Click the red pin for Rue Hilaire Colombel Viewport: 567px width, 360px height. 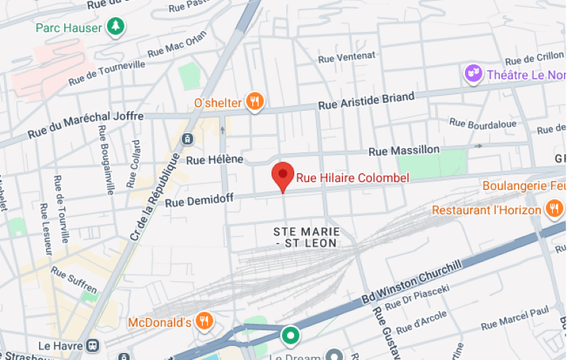point(283,175)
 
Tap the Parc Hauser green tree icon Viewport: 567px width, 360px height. point(116,27)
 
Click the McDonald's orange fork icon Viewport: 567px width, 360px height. point(205,322)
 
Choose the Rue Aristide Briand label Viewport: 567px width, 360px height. point(366,101)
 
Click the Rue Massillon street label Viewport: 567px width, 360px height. point(404,150)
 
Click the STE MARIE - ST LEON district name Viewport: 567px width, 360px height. point(306,237)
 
